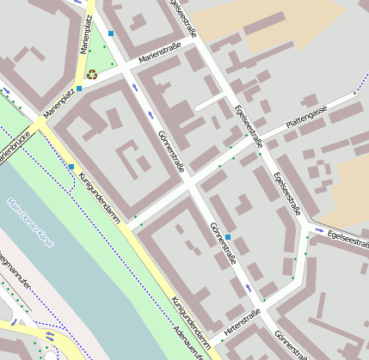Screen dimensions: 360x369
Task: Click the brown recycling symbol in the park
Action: coord(91,75)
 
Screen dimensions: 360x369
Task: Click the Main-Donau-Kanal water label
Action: coord(30,223)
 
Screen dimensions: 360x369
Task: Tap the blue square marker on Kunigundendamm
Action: coord(71,166)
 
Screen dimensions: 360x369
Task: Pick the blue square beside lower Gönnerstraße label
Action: coord(228,225)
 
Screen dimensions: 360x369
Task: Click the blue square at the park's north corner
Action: coord(111,34)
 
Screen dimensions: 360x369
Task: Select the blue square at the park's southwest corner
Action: coord(79,88)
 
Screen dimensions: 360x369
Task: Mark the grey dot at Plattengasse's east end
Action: coord(354,93)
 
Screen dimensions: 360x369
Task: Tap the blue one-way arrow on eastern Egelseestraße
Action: coord(320,229)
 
